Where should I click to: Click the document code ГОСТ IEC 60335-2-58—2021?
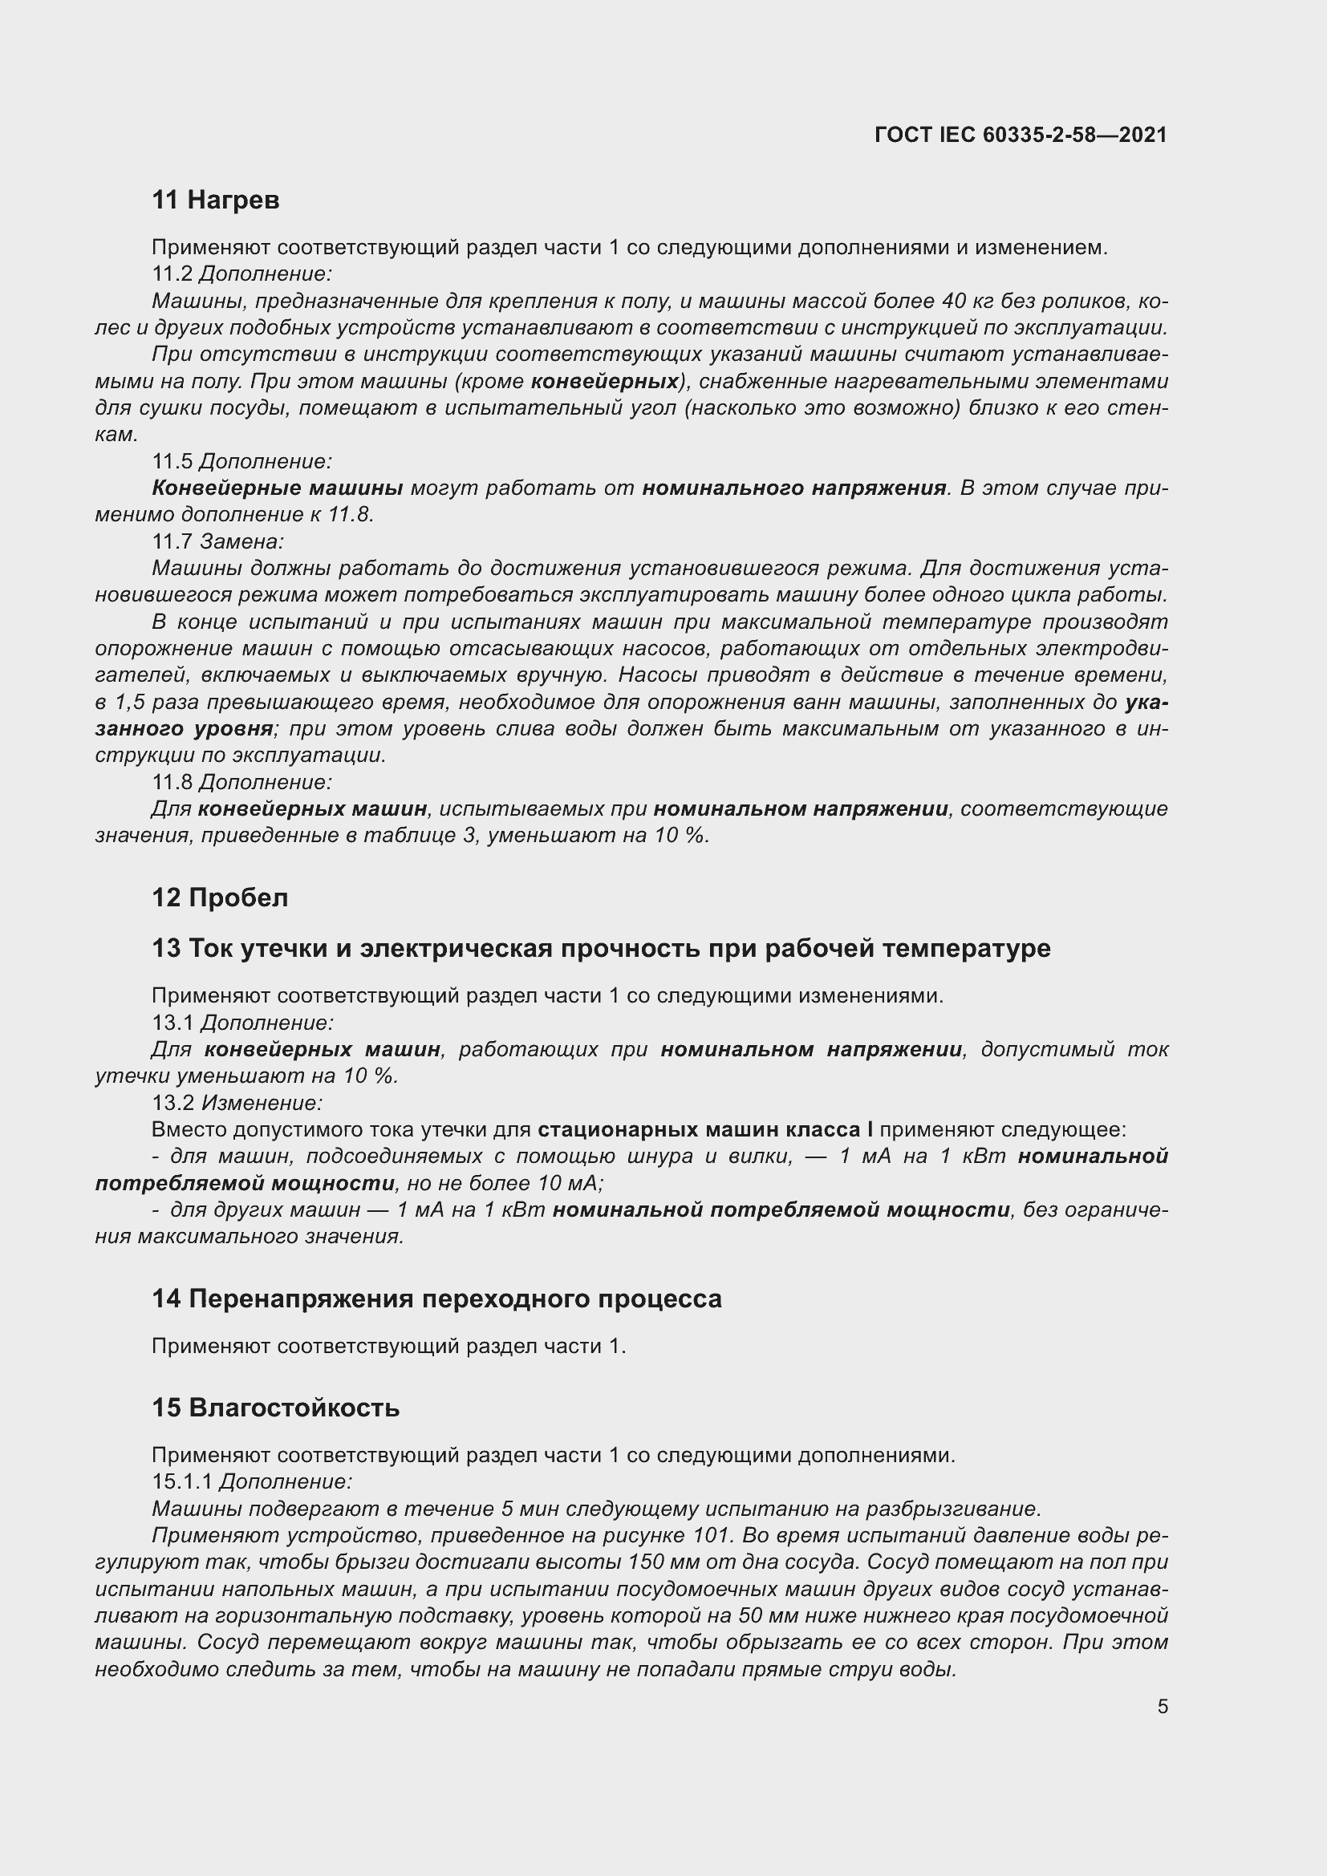click(1021, 135)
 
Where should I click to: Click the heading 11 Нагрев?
click(216, 200)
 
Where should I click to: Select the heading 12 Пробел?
click(220, 897)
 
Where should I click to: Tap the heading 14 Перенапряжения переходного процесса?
click(436, 1299)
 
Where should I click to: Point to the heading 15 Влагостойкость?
click(275, 1407)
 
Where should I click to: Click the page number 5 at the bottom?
click(1162, 1706)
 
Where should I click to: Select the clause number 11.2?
click(172, 273)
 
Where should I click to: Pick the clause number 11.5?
click(172, 462)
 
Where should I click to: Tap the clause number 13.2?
click(172, 1103)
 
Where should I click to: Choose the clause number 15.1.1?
click(182, 1481)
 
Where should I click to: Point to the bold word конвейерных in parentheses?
click(605, 382)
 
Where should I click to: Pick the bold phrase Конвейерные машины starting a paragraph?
click(277, 488)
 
